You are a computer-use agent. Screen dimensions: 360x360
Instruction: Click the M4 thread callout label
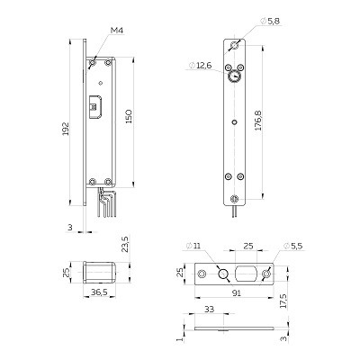point(117,31)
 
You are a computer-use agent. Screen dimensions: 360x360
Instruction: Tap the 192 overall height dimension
point(66,129)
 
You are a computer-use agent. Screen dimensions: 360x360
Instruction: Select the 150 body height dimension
point(129,116)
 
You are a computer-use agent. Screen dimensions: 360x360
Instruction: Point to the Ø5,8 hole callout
point(270,21)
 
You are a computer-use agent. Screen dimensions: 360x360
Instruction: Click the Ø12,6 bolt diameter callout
point(201,65)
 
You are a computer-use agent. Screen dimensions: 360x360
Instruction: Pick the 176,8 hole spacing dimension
point(258,121)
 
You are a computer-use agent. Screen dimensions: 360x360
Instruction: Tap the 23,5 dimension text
point(125,244)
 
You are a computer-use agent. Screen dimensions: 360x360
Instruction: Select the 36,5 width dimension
point(99,292)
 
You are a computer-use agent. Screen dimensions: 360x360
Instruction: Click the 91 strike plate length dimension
point(237,293)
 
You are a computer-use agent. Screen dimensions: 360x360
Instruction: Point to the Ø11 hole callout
point(193,246)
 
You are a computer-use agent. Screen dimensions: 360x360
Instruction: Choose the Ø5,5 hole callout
point(292,246)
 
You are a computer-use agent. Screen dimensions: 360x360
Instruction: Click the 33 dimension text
point(209,309)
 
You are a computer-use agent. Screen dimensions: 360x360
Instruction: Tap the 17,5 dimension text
point(283,301)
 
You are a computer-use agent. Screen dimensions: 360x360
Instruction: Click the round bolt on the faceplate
point(234,77)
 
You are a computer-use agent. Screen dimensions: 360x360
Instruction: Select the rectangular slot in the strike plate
point(247,274)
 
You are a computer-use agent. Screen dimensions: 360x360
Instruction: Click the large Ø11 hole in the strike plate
point(223,274)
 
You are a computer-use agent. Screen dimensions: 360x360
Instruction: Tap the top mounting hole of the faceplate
point(234,46)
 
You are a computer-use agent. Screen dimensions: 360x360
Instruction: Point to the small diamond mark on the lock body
point(101,83)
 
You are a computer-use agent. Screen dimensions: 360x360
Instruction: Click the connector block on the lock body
point(95,106)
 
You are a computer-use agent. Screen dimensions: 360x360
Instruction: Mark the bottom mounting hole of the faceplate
point(234,199)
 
